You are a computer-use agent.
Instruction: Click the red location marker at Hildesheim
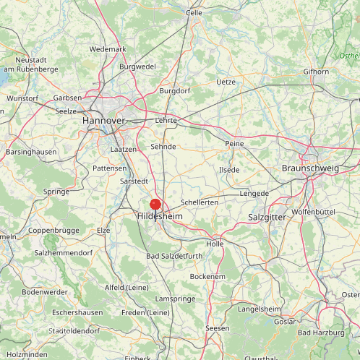click(155, 205)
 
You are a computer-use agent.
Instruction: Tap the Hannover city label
click(103, 120)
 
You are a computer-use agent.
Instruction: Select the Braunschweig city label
click(309, 168)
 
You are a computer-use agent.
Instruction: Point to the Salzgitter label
click(267, 217)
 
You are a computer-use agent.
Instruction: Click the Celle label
click(194, 12)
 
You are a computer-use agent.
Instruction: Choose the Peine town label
click(234, 144)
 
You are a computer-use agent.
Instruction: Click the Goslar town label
click(285, 321)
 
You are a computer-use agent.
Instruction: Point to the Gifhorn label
click(316, 72)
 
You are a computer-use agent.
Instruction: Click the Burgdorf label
click(174, 91)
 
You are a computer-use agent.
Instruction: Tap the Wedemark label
click(108, 49)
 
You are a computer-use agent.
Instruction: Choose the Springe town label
click(56, 192)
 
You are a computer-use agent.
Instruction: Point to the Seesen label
click(218, 328)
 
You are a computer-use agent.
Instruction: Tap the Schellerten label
click(200, 202)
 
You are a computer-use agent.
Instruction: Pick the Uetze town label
click(226, 82)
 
